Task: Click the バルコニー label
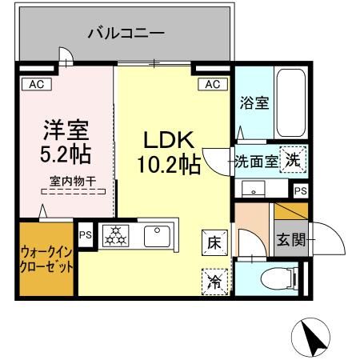point(126,34)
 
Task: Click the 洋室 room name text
point(66,129)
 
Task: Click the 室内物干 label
point(72,182)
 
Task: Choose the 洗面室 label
point(256,161)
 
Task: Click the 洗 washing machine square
point(294,160)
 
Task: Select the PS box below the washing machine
point(300,191)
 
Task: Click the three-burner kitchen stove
point(117,235)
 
